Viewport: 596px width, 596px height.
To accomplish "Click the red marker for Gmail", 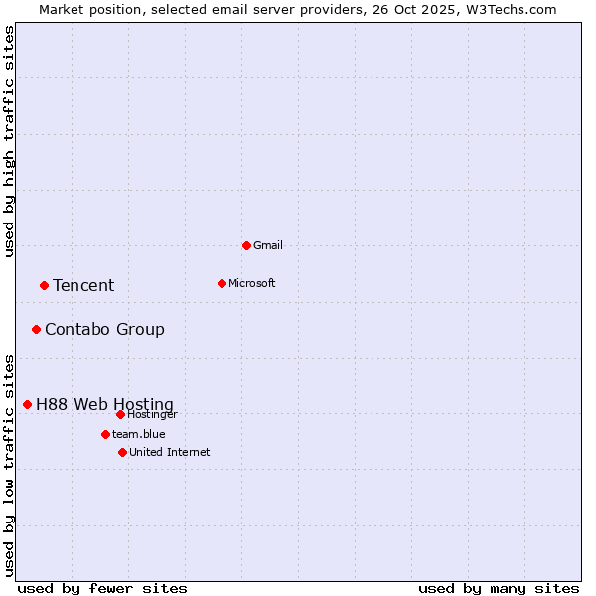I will point(246,245).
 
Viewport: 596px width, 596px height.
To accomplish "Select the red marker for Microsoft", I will point(222,283).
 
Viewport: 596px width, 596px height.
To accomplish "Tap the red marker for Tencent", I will point(44,285).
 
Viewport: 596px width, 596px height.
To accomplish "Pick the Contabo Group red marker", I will point(36,329).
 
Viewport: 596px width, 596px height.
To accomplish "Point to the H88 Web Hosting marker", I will point(27,404).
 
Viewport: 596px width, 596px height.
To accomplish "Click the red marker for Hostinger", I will point(120,414).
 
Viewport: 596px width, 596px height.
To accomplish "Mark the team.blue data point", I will point(105,434).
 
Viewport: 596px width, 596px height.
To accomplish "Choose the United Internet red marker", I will point(122,452).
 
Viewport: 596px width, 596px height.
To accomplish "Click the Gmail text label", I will point(268,245).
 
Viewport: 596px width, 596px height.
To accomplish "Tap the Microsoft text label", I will point(252,283).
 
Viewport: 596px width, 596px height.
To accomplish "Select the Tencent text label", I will point(83,285).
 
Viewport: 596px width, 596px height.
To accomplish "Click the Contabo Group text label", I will point(104,329).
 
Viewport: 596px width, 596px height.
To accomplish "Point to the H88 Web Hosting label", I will point(104,404).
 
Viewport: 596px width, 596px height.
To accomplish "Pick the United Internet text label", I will point(170,452).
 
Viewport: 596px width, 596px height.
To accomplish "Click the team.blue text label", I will point(139,434).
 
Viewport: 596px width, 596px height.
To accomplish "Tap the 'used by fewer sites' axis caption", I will point(102,588).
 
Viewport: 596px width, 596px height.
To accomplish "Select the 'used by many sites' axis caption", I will point(499,588).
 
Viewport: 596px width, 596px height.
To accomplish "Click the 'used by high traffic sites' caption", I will point(10,141).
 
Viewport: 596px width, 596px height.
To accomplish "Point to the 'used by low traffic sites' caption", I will point(10,465).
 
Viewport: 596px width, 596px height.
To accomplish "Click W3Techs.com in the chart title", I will point(509,9).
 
